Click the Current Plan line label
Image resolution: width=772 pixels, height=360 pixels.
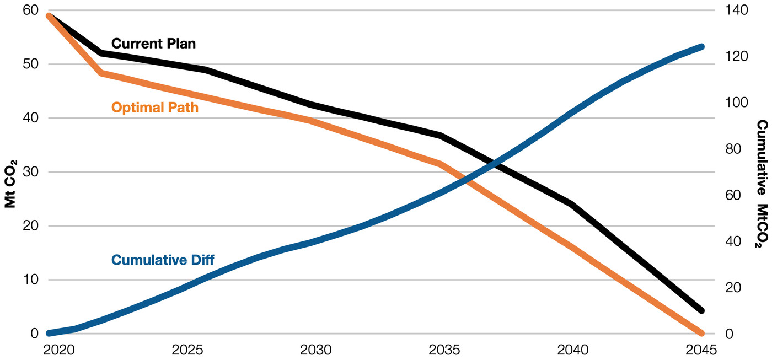coord(153,43)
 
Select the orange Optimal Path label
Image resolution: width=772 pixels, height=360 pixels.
coord(154,107)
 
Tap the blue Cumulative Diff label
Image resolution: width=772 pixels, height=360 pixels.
coord(163,259)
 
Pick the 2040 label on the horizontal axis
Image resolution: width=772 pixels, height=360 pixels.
coord(572,350)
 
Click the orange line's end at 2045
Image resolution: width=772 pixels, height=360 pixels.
coord(701,333)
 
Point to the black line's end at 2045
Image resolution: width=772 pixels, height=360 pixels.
coord(701,310)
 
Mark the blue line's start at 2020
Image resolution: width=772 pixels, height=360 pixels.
coord(50,333)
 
